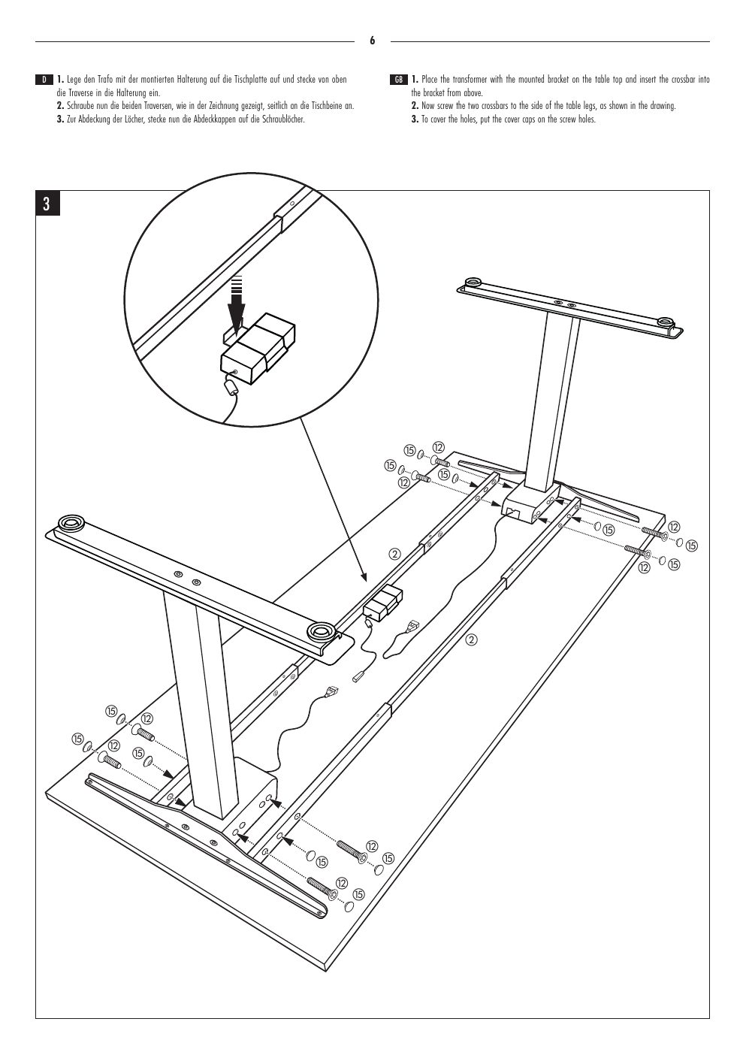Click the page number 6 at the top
click(372, 41)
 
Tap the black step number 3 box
click(47, 204)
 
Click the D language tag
click(44, 80)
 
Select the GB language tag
click(398, 80)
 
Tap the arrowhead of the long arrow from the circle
click(363, 576)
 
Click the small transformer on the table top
click(382, 600)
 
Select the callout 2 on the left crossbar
click(394, 554)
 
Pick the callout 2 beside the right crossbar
click(471, 639)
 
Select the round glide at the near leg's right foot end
click(320, 630)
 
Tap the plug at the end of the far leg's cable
click(412, 625)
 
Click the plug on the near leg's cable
click(332, 691)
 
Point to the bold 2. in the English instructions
click(415, 106)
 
